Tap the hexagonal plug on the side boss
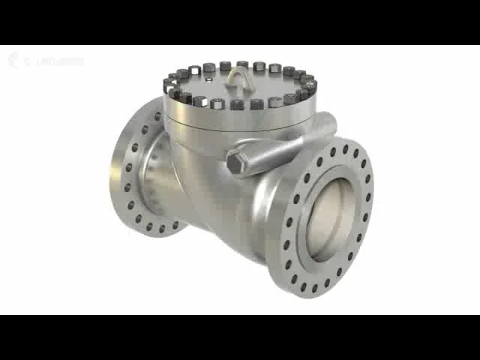tap(235, 163)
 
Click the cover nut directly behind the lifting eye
tap(242, 64)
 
